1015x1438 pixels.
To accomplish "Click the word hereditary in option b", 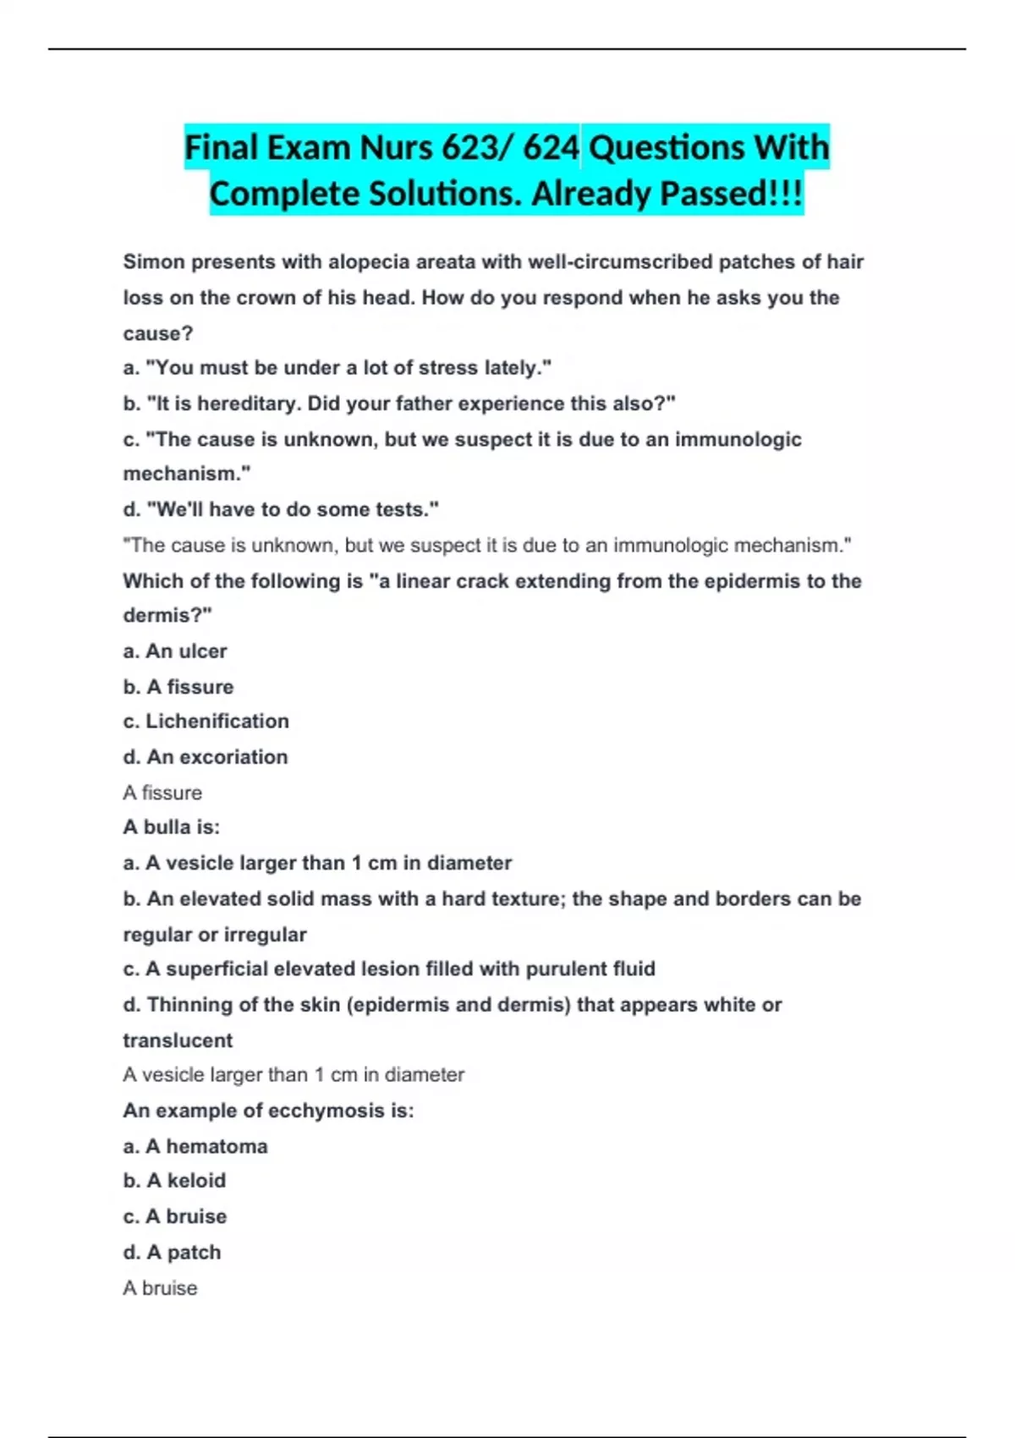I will tap(250, 403).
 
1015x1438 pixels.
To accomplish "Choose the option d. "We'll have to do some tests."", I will tap(281, 509).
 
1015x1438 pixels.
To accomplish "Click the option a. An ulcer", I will tap(175, 651).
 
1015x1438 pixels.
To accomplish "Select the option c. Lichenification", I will tap(206, 722).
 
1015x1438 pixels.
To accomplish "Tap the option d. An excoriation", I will tap(206, 757).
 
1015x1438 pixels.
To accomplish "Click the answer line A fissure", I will tap(162, 793).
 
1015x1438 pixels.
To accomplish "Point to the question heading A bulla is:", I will tap(171, 827).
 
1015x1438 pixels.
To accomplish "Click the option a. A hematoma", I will tap(195, 1146).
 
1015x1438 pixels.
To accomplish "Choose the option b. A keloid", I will tap(174, 1181).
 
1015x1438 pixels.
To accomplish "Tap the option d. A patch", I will tap(172, 1252).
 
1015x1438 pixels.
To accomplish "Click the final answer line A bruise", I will tap(160, 1287).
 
